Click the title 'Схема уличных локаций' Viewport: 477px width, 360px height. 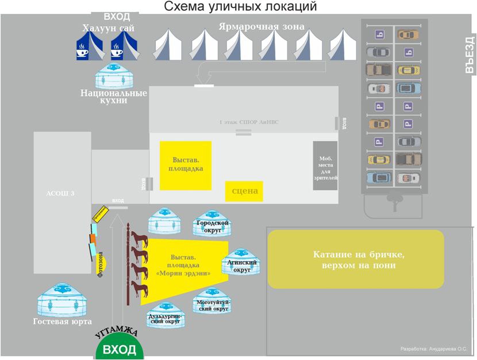pyautogui.click(x=240, y=7)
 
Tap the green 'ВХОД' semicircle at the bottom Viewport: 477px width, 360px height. pyautogui.click(x=119, y=349)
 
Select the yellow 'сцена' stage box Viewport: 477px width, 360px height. pyautogui.click(x=244, y=191)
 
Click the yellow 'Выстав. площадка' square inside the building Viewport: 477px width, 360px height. pyautogui.click(x=186, y=165)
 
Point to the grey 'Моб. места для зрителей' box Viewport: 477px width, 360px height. pyautogui.click(x=325, y=165)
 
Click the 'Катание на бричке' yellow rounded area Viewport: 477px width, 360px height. pyautogui.click(x=356, y=260)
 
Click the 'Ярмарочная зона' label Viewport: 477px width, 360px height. pyautogui.click(x=261, y=26)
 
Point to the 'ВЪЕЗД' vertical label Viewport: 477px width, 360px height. pyautogui.click(x=470, y=55)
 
